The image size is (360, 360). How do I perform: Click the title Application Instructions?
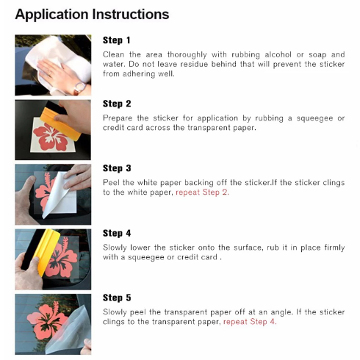(x=92, y=15)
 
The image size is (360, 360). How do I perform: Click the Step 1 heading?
(x=117, y=40)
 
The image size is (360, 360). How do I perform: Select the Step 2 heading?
(x=117, y=104)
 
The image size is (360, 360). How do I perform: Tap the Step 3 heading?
(x=117, y=168)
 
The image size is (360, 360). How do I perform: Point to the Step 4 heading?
(x=117, y=233)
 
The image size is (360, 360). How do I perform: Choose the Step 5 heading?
(x=117, y=298)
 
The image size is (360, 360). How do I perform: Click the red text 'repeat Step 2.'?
(x=202, y=192)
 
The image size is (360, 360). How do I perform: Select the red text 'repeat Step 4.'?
(x=250, y=322)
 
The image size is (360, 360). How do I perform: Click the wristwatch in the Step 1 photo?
(x=80, y=87)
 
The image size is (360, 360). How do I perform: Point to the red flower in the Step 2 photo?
(x=51, y=137)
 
